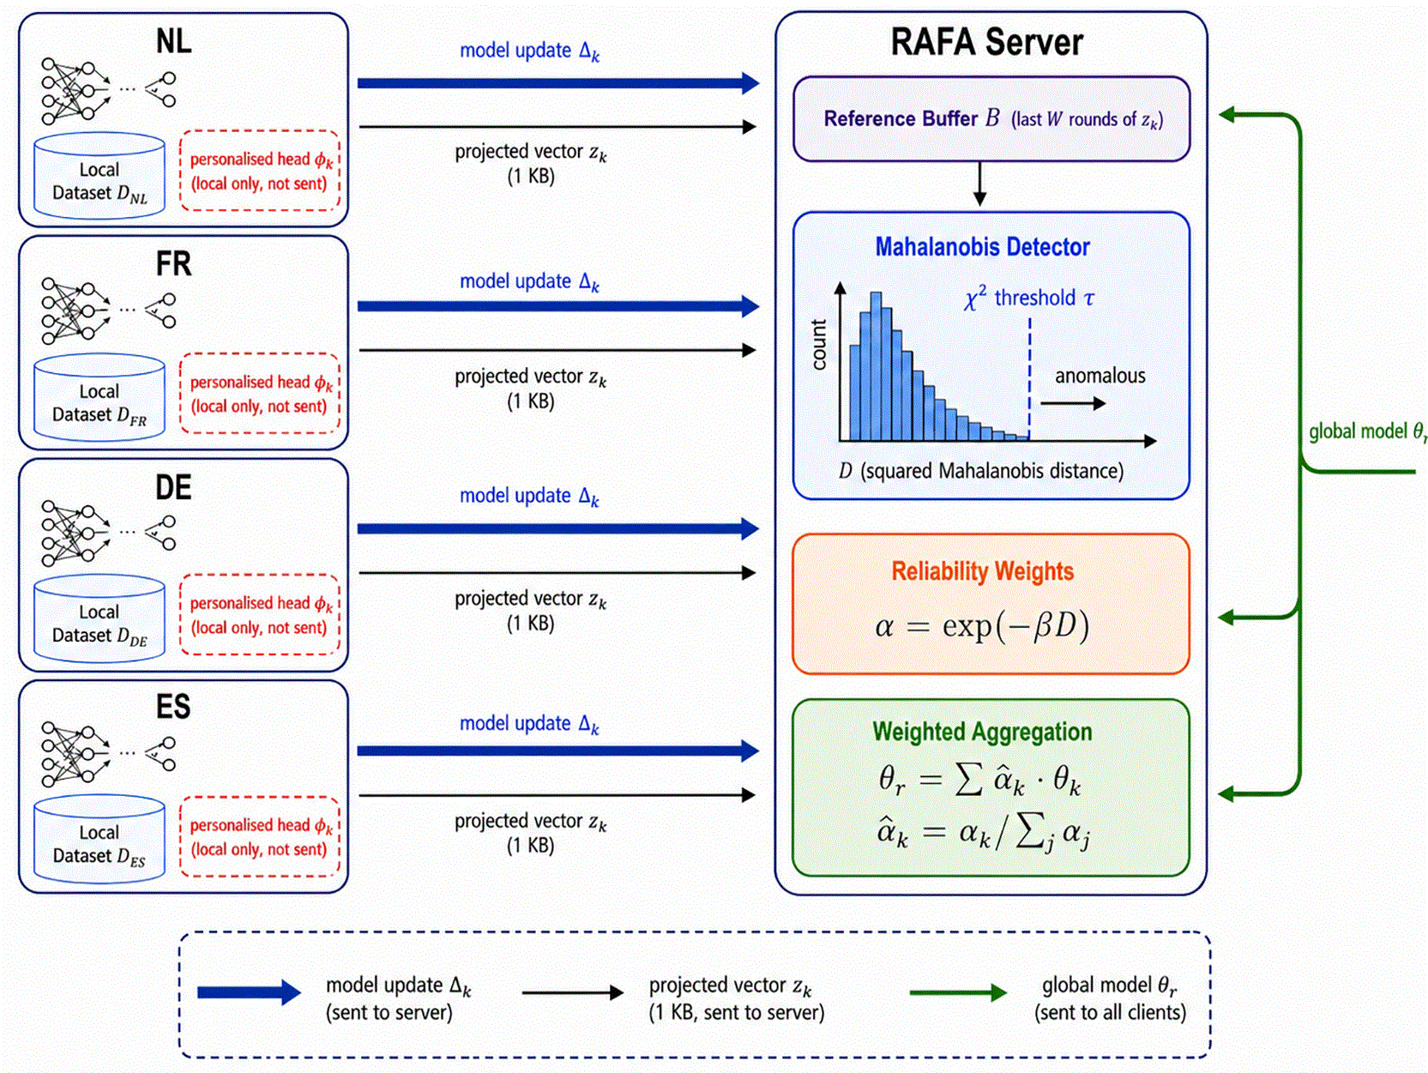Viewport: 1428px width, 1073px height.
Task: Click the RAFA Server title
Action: click(x=986, y=42)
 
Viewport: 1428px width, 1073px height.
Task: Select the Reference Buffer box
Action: click(x=991, y=119)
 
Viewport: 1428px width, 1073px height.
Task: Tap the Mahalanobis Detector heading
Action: click(x=982, y=247)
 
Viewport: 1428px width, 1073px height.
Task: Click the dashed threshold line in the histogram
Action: click(x=1029, y=379)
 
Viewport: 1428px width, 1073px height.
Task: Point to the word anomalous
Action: click(x=1100, y=376)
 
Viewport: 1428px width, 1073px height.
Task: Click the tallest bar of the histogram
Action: click(x=877, y=367)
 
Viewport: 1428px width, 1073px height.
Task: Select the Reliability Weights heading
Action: click(x=982, y=571)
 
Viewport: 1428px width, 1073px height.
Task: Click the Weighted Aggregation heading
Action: click(x=982, y=732)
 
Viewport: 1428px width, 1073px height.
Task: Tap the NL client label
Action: click(x=174, y=41)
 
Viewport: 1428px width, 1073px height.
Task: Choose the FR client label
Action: click(x=174, y=264)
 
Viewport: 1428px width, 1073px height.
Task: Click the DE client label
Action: click(x=174, y=488)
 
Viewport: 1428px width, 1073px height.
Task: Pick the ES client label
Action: click(x=174, y=707)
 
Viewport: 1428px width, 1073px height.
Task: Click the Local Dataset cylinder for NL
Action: click(x=99, y=176)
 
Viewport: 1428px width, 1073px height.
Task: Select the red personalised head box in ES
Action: click(x=260, y=837)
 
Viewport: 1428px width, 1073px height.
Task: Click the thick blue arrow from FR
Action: click(x=558, y=306)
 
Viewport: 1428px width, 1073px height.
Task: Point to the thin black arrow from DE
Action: click(x=557, y=573)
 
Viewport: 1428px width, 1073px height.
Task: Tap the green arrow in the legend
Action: click(x=958, y=993)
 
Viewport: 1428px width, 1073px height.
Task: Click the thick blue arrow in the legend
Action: click(x=250, y=992)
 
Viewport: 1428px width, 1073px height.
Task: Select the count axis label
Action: click(x=819, y=345)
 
